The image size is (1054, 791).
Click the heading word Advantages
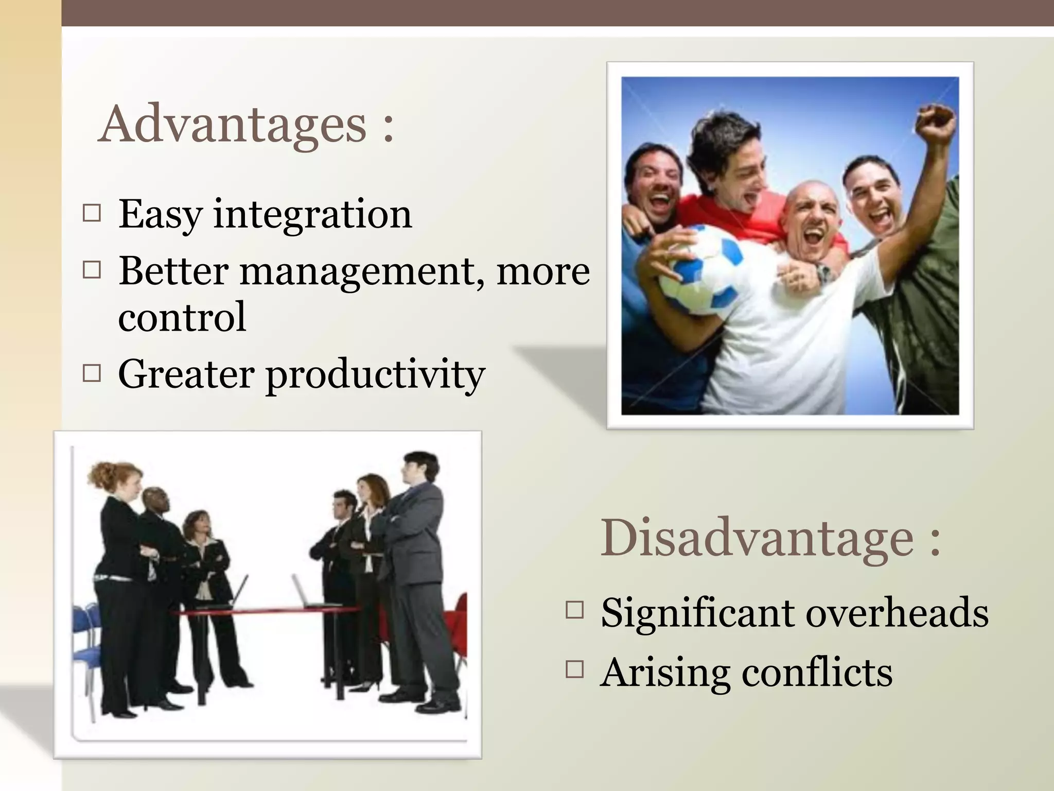(233, 125)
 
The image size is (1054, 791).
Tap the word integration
(312, 214)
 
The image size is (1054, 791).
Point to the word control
(182, 317)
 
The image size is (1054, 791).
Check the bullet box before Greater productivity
(92, 373)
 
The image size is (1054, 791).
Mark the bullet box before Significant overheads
(574, 610)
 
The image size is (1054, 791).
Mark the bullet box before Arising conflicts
(574, 669)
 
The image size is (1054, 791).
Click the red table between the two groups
(268, 611)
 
